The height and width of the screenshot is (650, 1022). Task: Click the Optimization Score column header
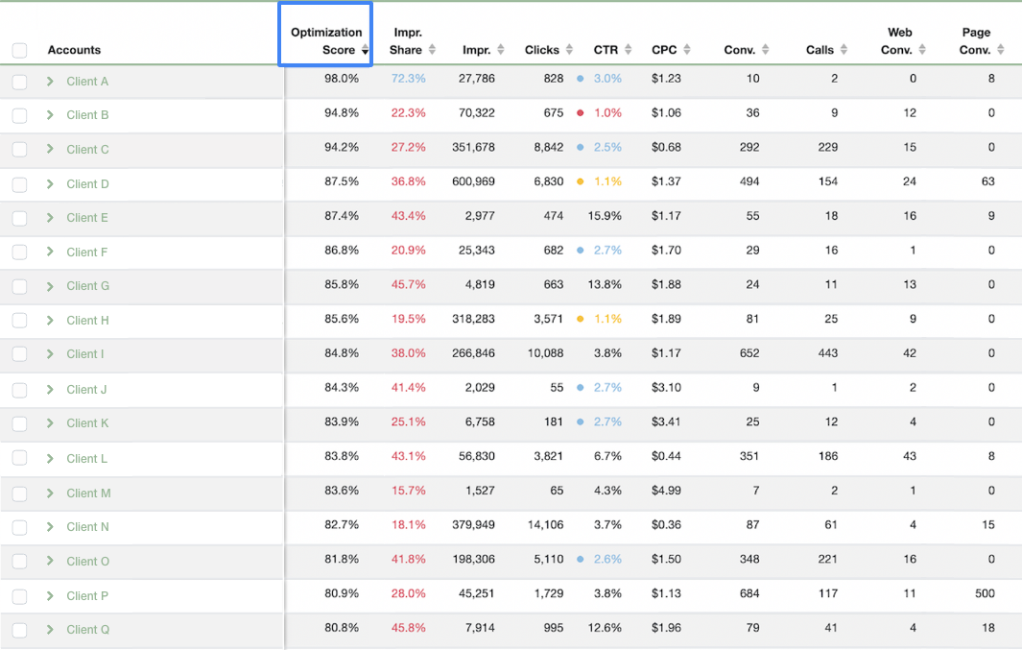click(326, 40)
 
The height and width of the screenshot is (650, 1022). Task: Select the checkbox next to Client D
click(19, 183)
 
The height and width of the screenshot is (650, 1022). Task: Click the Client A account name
click(87, 82)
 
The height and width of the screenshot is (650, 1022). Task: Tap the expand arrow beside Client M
click(50, 493)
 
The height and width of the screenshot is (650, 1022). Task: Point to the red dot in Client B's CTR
click(580, 113)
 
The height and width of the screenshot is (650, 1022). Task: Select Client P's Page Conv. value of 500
click(984, 594)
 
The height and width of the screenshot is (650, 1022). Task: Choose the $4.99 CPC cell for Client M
click(666, 492)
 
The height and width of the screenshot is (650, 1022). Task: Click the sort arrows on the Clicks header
click(570, 50)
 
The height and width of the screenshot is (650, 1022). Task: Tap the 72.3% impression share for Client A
click(408, 79)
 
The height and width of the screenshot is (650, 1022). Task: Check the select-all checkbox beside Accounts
click(19, 50)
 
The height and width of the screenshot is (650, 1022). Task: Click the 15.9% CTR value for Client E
click(606, 216)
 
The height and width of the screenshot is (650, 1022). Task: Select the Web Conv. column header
click(899, 40)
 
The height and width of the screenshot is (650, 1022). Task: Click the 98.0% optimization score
click(342, 79)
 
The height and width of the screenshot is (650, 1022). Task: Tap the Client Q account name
click(88, 630)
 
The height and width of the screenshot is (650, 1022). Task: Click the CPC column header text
click(664, 50)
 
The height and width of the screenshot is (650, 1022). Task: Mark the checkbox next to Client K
click(19, 423)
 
